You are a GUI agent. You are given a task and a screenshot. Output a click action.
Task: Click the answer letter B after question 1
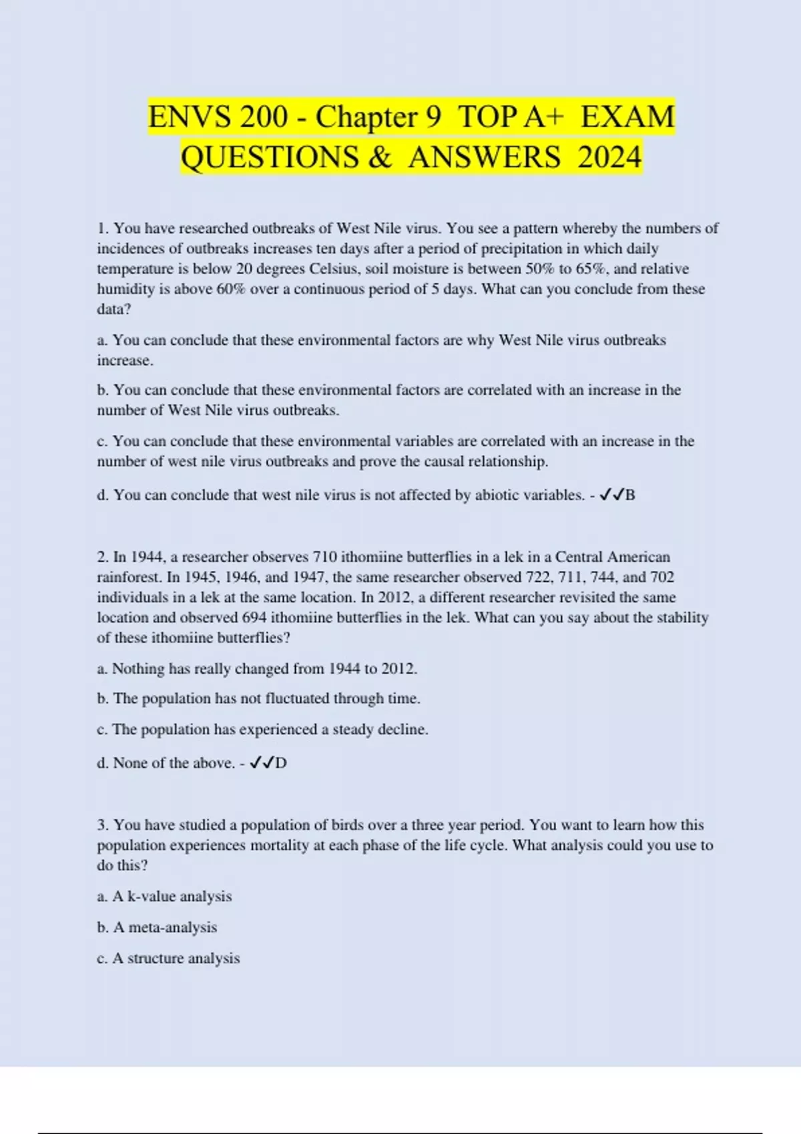pos(630,495)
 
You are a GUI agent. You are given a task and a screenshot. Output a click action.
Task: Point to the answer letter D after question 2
pos(281,763)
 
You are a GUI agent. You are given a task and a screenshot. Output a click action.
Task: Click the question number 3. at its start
pos(103,825)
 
